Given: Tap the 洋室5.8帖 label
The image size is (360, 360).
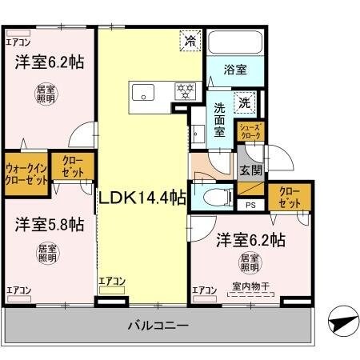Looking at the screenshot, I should [x=48, y=225].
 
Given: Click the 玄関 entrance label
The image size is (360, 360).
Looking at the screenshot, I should [x=250, y=170].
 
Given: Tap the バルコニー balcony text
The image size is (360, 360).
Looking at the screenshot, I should [x=158, y=326].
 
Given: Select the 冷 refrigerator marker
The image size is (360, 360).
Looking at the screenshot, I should [x=190, y=40].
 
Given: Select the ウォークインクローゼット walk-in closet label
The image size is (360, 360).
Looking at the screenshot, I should [x=26, y=174].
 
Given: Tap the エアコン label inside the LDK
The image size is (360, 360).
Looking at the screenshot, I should [x=112, y=281].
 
